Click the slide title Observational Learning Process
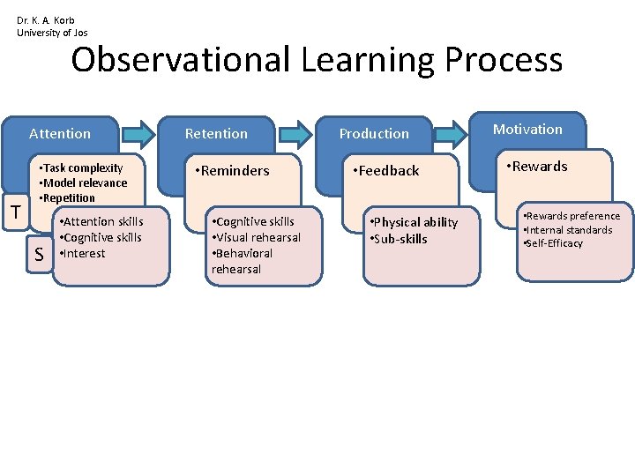tap(317, 61)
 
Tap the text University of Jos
tap(52, 33)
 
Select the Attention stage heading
tap(60, 134)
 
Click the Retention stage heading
tap(216, 134)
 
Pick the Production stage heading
tap(374, 134)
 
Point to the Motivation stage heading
tap(527, 130)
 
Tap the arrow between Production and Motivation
tap(452, 134)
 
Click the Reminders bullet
tap(234, 171)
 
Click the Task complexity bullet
tap(82, 167)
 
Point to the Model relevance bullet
tap(84, 182)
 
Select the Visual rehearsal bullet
tap(255, 237)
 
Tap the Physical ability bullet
tap(414, 222)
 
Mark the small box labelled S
tap(39, 255)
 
